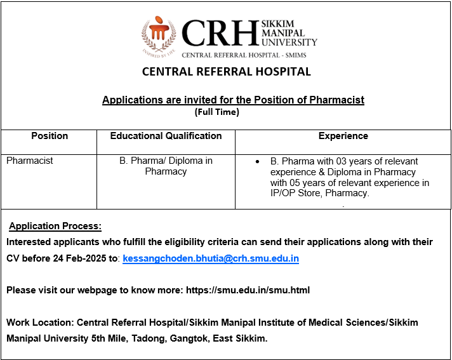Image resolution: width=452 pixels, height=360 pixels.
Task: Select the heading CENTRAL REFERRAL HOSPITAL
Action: coord(226,72)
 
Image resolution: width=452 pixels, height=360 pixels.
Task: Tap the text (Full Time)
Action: coord(216,112)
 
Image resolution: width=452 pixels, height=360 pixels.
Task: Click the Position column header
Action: coord(50,136)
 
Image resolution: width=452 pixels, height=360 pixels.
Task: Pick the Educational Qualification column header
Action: coord(166,136)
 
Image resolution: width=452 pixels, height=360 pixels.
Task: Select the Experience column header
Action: coord(343,136)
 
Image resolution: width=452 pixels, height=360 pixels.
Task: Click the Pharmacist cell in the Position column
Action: coord(30,161)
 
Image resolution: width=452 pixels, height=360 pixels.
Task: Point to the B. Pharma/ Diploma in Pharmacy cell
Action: coord(166,166)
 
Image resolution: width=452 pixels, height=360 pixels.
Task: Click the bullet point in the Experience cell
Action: coord(257,162)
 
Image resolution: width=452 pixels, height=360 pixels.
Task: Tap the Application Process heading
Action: coord(55,227)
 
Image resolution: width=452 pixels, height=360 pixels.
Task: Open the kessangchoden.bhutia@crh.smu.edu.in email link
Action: coord(211,258)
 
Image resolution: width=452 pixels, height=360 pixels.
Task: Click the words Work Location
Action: coord(36,323)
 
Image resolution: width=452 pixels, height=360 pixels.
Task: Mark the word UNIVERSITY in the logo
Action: coord(289,42)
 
